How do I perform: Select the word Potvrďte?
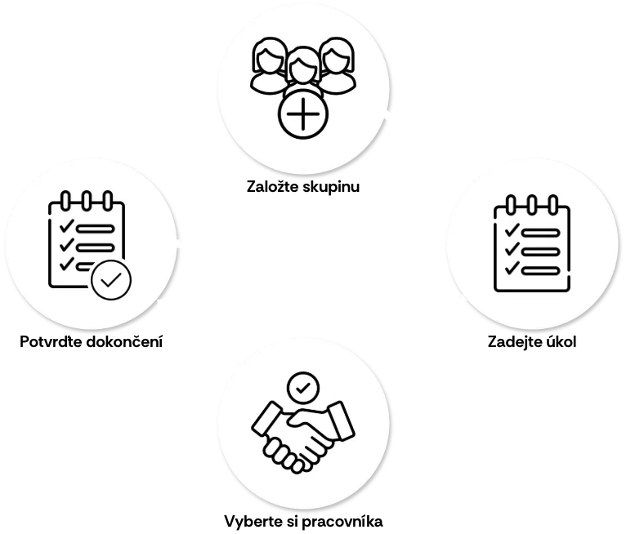tap(51, 341)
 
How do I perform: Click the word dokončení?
tap(125, 341)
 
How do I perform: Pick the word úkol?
tap(561, 341)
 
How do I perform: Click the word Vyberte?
tap(252, 521)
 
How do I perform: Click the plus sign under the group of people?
tap(303, 113)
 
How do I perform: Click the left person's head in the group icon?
tap(268, 56)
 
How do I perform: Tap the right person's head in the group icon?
tap(338, 56)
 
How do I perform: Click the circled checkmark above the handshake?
tap(303, 388)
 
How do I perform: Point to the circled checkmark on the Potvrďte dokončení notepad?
tap(111, 280)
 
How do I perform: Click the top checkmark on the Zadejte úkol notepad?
tap(512, 230)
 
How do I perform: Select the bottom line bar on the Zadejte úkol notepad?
tap(541, 270)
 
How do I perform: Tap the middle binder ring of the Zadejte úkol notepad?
tap(532, 205)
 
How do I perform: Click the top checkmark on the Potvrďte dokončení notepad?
tap(66, 225)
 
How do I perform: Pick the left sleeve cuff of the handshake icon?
tap(266, 421)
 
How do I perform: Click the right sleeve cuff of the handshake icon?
tap(341, 421)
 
